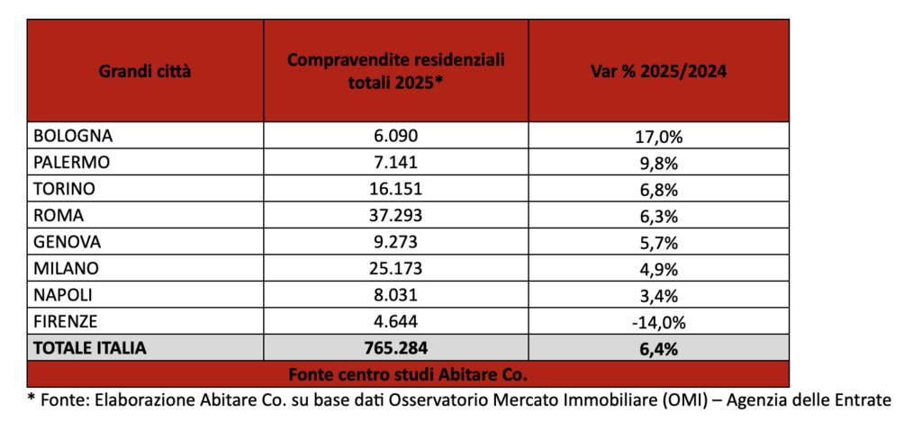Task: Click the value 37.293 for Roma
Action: pyautogui.click(x=395, y=216)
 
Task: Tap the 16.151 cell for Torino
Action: pyautogui.click(x=395, y=189)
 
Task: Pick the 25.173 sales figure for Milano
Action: pyautogui.click(x=395, y=268)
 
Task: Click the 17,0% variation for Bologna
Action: pyautogui.click(x=659, y=137)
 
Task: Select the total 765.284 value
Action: pyautogui.click(x=395, y=347)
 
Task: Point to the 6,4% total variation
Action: pyautogui.click(x=659, y=347)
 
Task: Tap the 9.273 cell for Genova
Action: pyautogui.click(x=395, y=242)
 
